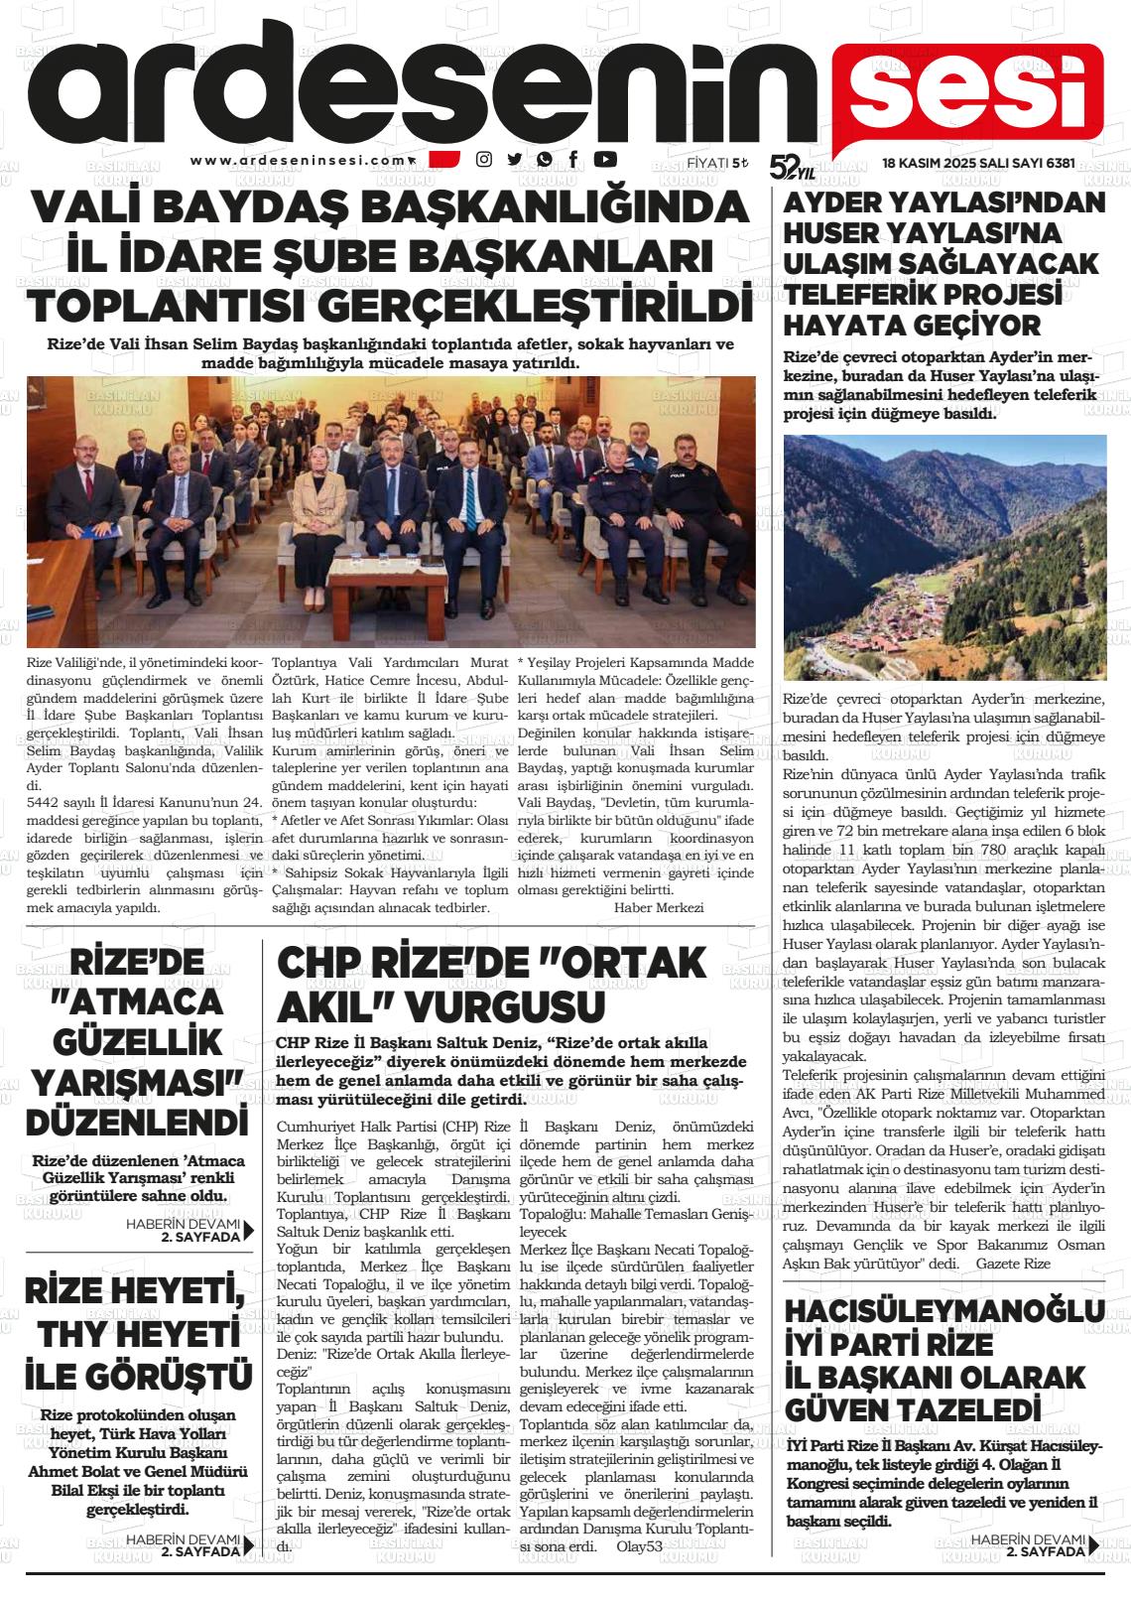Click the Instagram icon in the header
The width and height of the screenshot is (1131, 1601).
(484, 159)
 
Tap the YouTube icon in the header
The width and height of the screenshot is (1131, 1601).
(604, 159)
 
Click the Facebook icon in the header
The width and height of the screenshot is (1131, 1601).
(573, 159)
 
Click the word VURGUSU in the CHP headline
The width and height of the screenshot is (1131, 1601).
(504, 1007)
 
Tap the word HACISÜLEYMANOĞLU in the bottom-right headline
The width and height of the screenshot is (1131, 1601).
(942, 1309)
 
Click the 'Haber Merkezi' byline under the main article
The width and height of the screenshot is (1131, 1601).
(659, 907)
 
